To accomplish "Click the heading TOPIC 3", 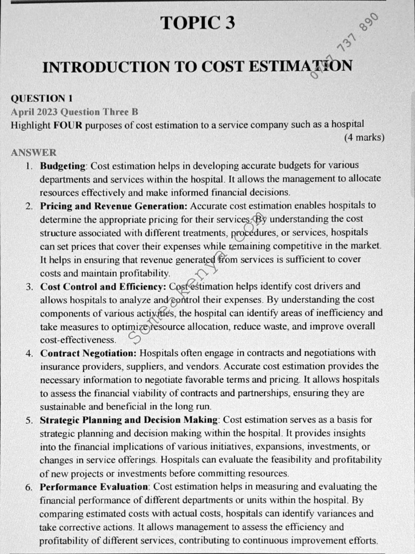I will click(x=197, y=23).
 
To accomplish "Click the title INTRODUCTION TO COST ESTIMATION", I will click(x=197, y=67).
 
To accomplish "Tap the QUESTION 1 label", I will click(x=42, y=98).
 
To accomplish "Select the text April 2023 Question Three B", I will click(x=75, y=112).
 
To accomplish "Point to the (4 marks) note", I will click(x=364, y=137).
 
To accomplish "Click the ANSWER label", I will click(x=34, y=153).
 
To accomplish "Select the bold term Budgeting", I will click(x=63, y=165).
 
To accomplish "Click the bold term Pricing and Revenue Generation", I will click(x=113, y=206).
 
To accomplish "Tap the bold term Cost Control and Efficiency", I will click(x=103, y=286).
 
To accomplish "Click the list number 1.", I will click(x=29, y=165).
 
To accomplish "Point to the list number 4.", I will click(x=29, y=353).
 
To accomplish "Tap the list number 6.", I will click(x=29, y=487).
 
